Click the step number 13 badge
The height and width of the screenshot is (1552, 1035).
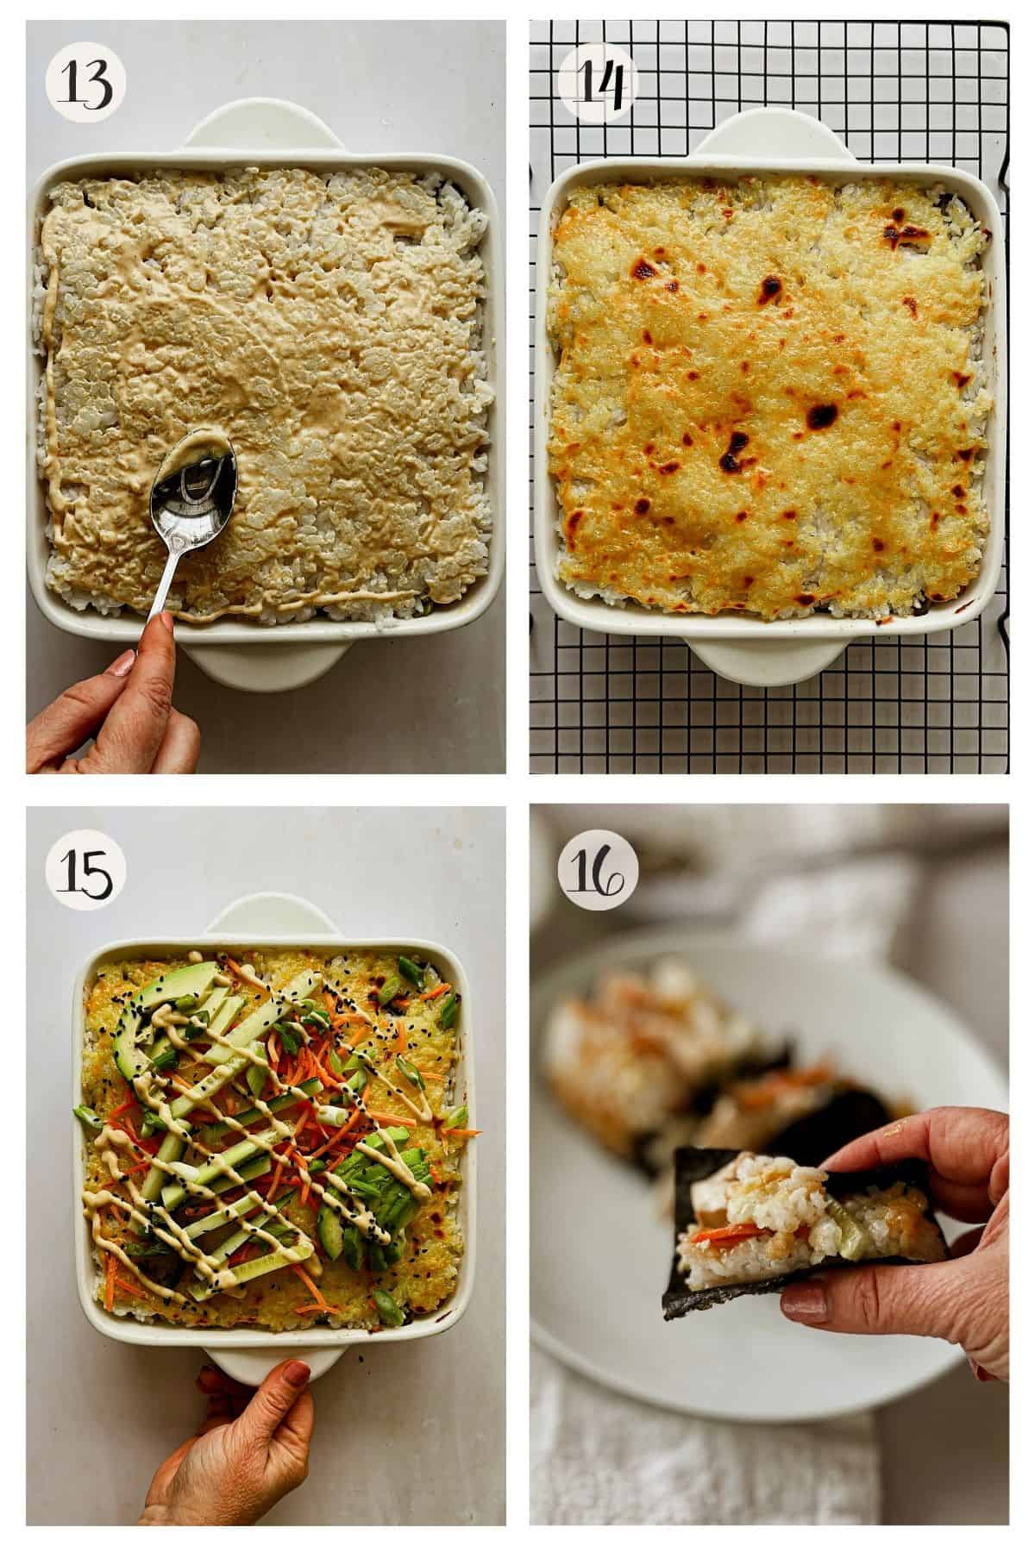pyautogui.click(x=85, y=82)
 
